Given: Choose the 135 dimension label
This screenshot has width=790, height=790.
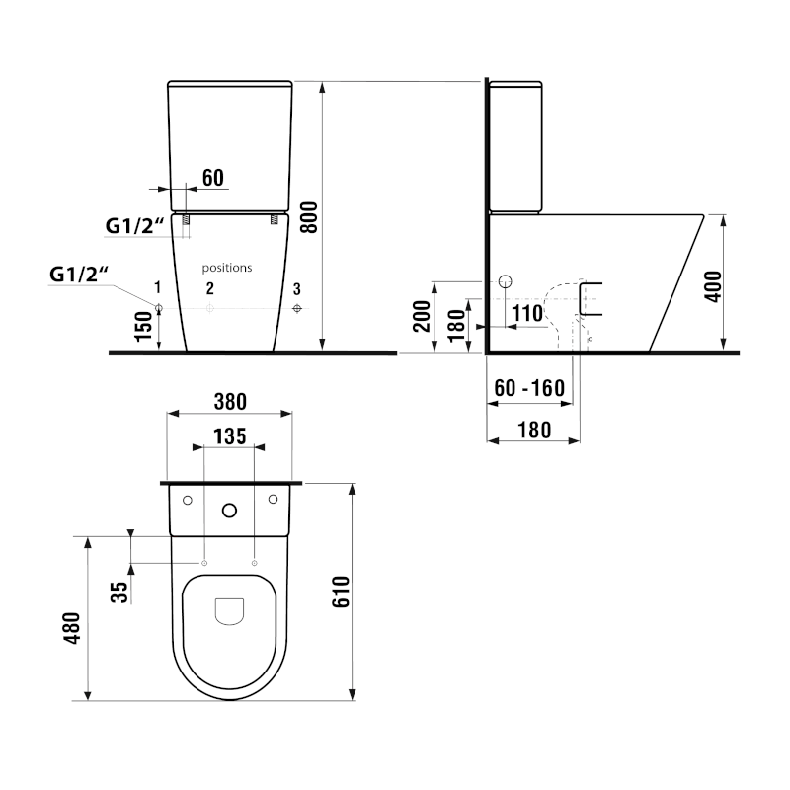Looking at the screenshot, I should tap(228, 435).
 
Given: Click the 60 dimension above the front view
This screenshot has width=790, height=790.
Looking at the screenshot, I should tap(212, 178).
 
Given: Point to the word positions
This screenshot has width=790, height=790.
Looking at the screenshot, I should tap(227, 268).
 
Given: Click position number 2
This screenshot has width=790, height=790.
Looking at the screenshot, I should tap(209, 288).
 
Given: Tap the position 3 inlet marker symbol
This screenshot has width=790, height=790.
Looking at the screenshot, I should tap(298, 309).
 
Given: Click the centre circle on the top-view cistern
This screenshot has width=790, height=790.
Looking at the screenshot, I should tap(229, 511).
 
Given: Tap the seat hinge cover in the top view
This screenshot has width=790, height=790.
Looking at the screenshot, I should tap(229, 612).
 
